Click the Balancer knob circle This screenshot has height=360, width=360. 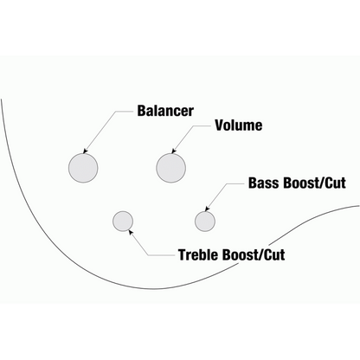coord(83,168)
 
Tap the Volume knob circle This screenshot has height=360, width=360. coord(170,168)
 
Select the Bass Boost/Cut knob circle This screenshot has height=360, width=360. coord(205,222)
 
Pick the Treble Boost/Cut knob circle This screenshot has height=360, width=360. coord(123,222)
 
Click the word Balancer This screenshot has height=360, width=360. coord(165,111)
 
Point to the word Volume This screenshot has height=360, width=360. coord(239,125)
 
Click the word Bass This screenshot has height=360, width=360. coord(265,183)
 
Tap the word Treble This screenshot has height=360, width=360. coord(199,254)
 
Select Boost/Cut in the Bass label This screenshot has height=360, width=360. coord(315,183)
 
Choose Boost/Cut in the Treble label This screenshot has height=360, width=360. coord(254,254)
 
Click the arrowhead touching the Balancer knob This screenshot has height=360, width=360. coord(85,151)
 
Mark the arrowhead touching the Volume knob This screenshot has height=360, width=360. coord(173,151)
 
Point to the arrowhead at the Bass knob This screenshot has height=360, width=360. coord(207,209)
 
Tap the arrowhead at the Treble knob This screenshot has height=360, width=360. coord(131,232)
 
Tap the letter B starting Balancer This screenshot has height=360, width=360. coord(141,111)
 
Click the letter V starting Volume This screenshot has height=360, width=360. coord(219,125)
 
